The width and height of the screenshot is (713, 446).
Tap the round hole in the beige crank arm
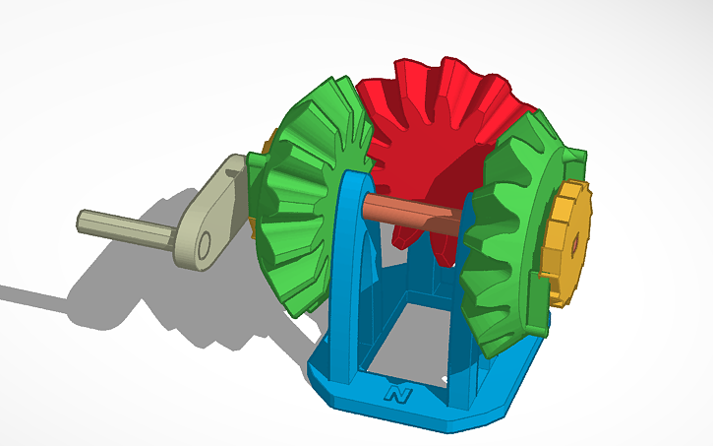click(x=204, y=247)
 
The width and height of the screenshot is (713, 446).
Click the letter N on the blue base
click(x=398, y=395)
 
